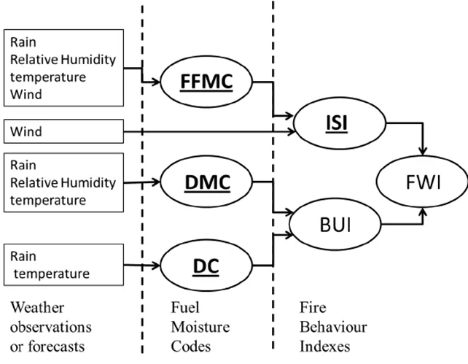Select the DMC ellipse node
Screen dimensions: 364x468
pyautogui.click(x=206, y=182)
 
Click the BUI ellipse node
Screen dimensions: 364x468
pyautogui.click(x=334, y=225)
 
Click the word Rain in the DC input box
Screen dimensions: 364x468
pyautogui.click(x=24, y=257)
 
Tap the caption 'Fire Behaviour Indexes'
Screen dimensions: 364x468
pyautogui.click(x=332, y=325)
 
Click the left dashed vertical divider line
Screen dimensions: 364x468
pyautogui.click(x=141, y=219)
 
